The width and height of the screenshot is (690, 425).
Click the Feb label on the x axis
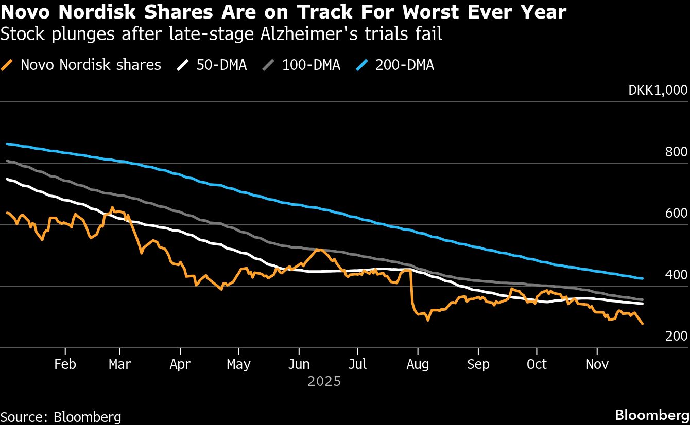(65, 364)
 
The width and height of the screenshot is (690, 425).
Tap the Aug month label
(418, 364)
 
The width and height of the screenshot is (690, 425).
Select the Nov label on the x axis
(597, 364)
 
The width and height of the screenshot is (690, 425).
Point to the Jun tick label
(299, 364)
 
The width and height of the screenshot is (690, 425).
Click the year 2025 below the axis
(324, 382)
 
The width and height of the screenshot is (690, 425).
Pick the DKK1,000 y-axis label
(658, 90)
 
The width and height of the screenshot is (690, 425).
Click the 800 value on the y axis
(676, 152)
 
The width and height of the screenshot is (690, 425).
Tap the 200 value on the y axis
(676, 336)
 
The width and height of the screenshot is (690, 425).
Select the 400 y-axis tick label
(676, 275)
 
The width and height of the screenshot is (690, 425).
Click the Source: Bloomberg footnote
(61, 416)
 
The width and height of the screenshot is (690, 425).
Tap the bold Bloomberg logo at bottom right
(652, 415)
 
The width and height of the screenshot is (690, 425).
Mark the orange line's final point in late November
(643, 324)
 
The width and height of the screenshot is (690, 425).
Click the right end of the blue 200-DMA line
(643, 279)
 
